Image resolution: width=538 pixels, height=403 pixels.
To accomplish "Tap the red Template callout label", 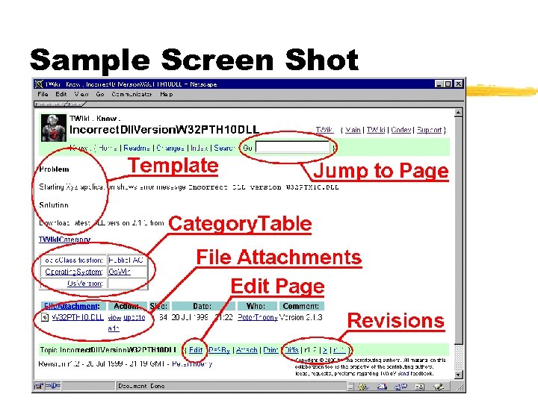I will pyautogui.click(x=173, y=166).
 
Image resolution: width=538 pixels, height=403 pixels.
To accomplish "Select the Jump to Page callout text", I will pyautogui.click(x=380, y=171).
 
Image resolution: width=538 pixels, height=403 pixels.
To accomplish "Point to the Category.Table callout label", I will pyautogui.click(x=240, y=223).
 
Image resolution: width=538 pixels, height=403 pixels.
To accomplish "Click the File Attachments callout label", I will pyautogui.click(x=278, y=257).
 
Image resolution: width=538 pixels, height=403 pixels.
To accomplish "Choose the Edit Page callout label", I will pyautogui.click(x=277, y=287).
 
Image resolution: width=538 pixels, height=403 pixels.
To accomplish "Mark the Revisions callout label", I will pyautogui.click(x=395, y=321).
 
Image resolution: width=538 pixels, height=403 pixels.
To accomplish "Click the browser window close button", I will pyautogui.click(x=457, y=84).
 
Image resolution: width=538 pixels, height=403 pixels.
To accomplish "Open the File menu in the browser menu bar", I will pyautogui.click(x=43, y=95).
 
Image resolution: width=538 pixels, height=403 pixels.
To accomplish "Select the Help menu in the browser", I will pyautogui.click(x=166, y=95).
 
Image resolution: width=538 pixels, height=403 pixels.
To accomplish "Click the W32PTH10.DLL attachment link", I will pyautogui.click(x=77, y=317).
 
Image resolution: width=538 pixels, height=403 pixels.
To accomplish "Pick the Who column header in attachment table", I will pyautogui.click(x=256, y=306).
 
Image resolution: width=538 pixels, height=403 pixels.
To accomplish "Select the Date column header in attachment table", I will pyautogui.click(x=202, y=306).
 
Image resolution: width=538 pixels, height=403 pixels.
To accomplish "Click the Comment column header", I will pyautogui.click(x=301, y=306).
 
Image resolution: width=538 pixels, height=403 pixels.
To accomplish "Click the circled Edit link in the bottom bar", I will pyautogui.click(x=196, y=349).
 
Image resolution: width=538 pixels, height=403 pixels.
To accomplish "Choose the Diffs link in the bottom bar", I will pyautogui.click(x=291, y=349).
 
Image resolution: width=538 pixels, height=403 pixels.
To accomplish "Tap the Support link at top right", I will pyautogui.click(x=428, y=130).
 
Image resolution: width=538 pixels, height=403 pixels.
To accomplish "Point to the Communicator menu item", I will pyautogui.click(x=132, y=95).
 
